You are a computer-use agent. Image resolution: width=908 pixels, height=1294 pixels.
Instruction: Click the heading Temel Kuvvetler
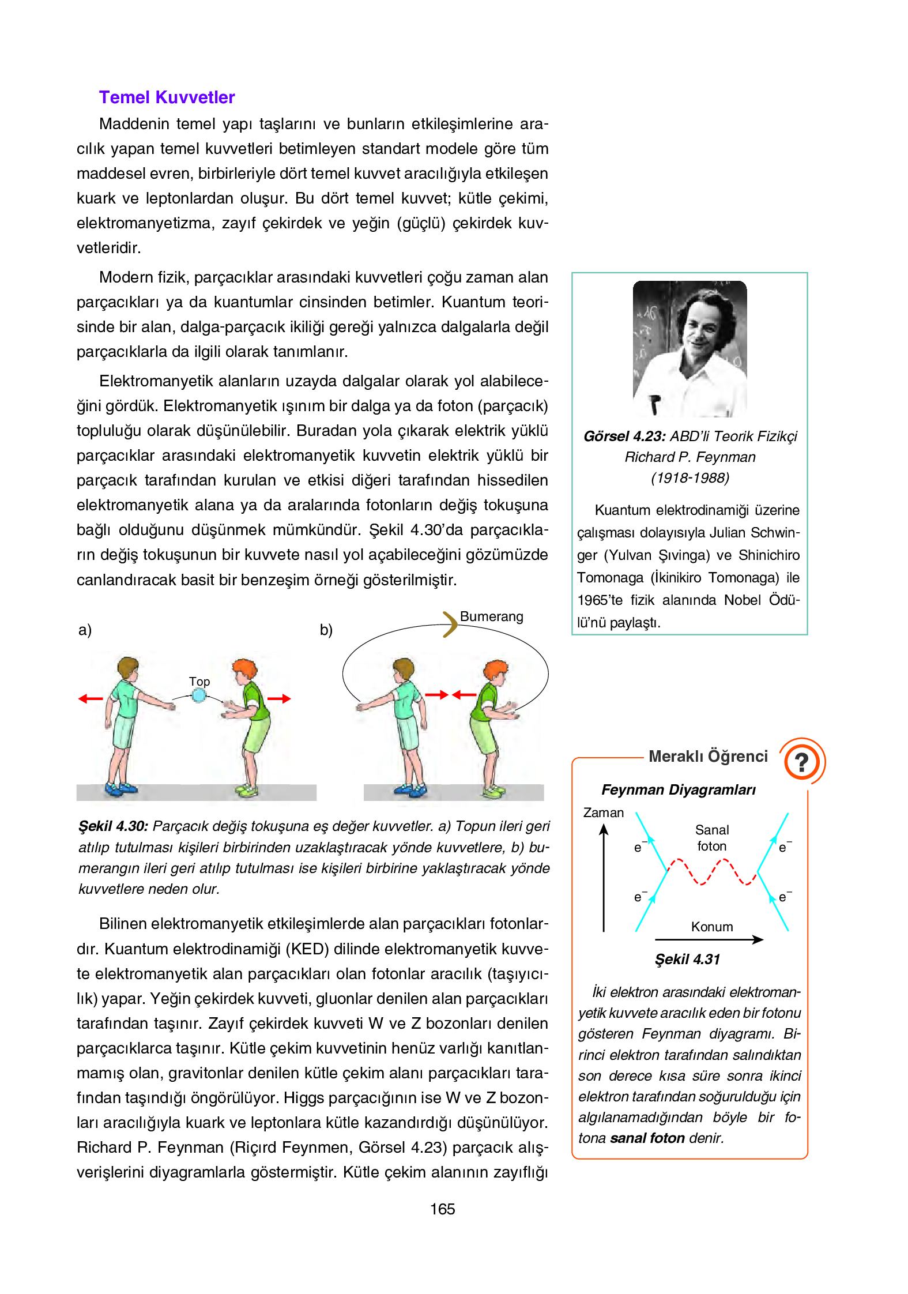[x=167, y=97]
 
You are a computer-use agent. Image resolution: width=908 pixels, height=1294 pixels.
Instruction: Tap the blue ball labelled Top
[x=199, y=695]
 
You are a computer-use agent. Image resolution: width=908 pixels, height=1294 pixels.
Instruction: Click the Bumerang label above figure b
[x=491, y=616]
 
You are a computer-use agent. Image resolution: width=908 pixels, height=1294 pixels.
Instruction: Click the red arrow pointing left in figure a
[x=91, y=699]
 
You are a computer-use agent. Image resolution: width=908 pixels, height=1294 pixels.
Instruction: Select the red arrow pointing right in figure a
[x=279, y=699]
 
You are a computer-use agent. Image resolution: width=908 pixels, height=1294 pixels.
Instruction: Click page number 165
[x=442, y=1209]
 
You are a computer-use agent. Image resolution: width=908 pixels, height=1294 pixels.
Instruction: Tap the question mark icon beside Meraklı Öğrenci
[x=801, y=762]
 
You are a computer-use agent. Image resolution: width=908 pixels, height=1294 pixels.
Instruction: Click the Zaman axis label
[x=603, y=812]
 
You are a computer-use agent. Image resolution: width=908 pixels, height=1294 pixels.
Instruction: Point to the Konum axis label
[x=712, y=927]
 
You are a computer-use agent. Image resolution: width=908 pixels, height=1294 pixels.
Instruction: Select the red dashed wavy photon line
[x=713, y=871]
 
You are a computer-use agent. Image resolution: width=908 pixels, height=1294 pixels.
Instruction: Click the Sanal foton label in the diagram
[x=712, y=838]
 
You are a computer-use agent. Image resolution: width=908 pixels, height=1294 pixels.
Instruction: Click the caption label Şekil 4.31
[x=687, y=960]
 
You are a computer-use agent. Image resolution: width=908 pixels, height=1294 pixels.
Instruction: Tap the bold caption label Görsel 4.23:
[x=624, y=437]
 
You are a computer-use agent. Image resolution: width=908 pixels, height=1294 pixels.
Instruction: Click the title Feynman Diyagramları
[x=678, y=790]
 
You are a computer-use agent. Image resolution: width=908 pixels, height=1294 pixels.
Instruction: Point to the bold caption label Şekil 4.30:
[x=113, y=826]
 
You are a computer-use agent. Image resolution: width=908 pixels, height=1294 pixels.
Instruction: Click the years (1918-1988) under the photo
[x=690, y=478]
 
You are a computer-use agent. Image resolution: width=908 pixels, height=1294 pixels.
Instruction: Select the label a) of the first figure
[x=85, y=630]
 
